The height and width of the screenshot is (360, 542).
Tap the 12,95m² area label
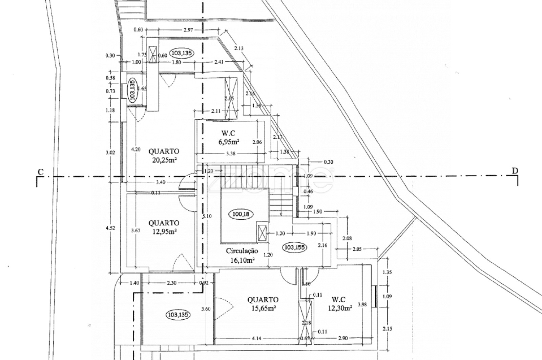[x=164, y=232]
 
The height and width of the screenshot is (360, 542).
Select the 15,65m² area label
[x=263, y=308]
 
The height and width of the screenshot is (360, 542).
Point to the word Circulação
[x=242, y=251]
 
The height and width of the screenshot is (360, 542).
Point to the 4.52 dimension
[x=110, y=228]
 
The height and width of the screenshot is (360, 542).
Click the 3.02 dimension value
[x=110, y=153]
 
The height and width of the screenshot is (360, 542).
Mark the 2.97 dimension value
[x=188, y=30]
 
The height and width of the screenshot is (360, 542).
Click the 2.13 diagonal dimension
[x=238, y=48]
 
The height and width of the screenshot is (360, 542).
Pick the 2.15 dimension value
[x=387, y=329]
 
